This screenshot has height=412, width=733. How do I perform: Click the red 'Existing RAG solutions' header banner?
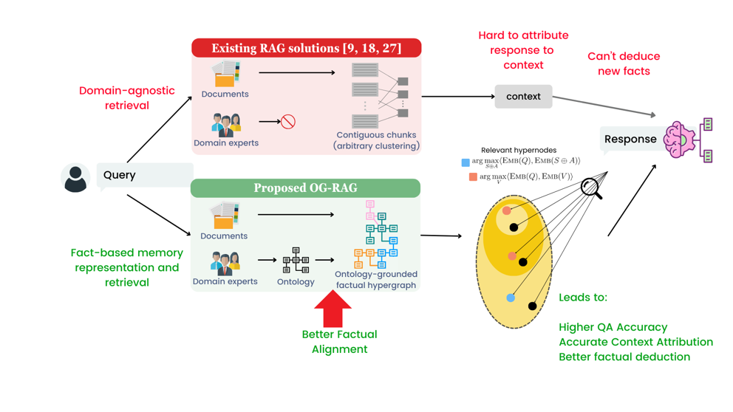[x=306, y=48]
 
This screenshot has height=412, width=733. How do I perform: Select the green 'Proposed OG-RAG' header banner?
[x=305, y=188]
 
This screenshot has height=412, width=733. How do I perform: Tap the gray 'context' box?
[x=523, y=97]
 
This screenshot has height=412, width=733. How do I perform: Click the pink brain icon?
[x=681, y=139]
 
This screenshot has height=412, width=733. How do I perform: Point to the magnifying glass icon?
[x=591, y=188]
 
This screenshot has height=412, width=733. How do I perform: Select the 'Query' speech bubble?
[x=143, y=176]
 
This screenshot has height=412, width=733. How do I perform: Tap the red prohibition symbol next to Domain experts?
[x=288, y=122]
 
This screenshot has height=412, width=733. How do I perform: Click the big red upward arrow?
[x=333, y=308]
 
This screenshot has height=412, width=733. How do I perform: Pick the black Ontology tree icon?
[x=296, y=261]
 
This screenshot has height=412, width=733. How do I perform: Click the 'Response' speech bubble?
[x=630, y=140]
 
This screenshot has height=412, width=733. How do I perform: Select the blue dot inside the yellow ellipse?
[x=511, y=298]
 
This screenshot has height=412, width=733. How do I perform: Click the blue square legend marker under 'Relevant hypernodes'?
[x=466, y=162]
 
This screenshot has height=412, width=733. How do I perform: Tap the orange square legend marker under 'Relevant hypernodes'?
[x=472, y=177]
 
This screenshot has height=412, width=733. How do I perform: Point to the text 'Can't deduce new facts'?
[x=623, y=63]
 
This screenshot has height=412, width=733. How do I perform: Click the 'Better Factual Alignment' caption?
[x=339, y=342]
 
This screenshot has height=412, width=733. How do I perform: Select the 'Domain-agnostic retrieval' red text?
[x=126, y=98]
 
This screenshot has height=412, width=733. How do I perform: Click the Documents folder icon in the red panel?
[x=225, y=74]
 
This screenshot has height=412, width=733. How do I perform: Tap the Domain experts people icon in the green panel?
[x=225, y=263]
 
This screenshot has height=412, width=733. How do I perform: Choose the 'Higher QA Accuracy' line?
[x=613, y=327]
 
